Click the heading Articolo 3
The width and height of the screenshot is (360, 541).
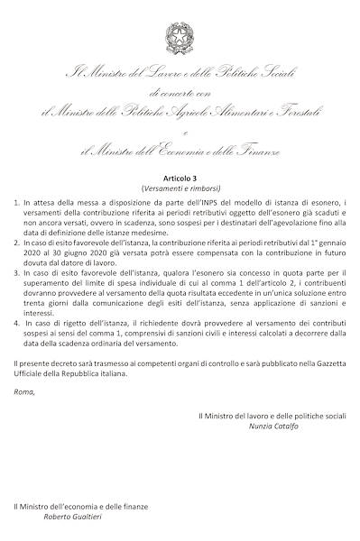point(180,179)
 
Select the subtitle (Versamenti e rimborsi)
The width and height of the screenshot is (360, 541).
point(180,190)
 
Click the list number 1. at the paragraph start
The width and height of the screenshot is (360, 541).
point(17,206)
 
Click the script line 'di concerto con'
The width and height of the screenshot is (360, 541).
point(180,93)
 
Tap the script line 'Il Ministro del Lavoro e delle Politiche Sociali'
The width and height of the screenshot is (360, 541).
point(180,72)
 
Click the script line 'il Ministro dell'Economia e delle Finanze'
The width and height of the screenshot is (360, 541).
point(180,149)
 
